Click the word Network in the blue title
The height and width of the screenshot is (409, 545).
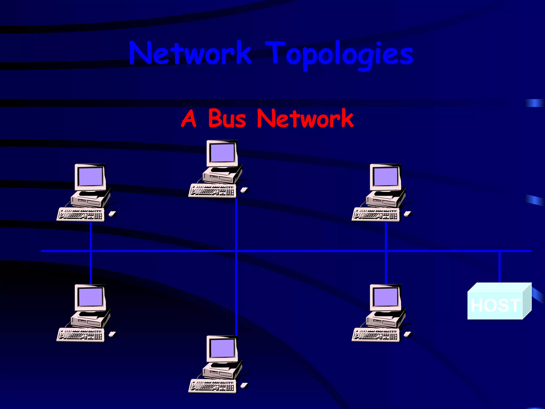click(190, 53)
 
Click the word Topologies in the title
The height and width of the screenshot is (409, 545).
click(339, 55)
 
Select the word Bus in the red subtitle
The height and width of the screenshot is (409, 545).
click(227, 119)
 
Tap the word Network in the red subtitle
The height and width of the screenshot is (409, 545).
click(305, 119)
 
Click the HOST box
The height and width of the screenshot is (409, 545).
click(495, 305)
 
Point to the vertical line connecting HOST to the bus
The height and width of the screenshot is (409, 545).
click(499, 266)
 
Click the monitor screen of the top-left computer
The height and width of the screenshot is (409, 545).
click(91, 177)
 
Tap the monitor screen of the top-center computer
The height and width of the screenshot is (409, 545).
click(222, 153)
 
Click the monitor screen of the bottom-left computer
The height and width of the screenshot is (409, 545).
click(91, 297)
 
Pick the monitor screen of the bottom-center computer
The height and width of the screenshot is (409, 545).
click(222, 348)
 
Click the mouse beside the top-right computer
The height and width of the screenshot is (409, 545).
click(407, 214)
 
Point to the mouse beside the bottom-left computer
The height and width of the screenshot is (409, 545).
click(112, 334)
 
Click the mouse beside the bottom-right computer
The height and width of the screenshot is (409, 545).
click(407, 334)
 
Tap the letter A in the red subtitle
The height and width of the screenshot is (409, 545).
click(189, 119)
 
